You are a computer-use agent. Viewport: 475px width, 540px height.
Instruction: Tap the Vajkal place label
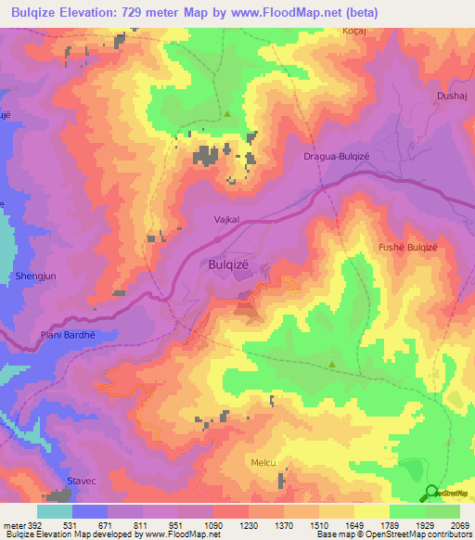[x=226, y=220]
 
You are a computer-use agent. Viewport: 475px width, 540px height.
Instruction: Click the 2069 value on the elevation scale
[x=460, y=525]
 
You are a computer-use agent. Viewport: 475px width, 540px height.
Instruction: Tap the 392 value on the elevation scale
[x=26, y=525]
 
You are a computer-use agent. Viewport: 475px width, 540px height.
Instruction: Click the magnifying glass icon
[x=431, y=493]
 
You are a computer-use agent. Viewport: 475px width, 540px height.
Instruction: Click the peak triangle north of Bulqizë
[x=227, y=114]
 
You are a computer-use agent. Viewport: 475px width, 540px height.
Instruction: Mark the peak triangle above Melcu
[x=333, y=365]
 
